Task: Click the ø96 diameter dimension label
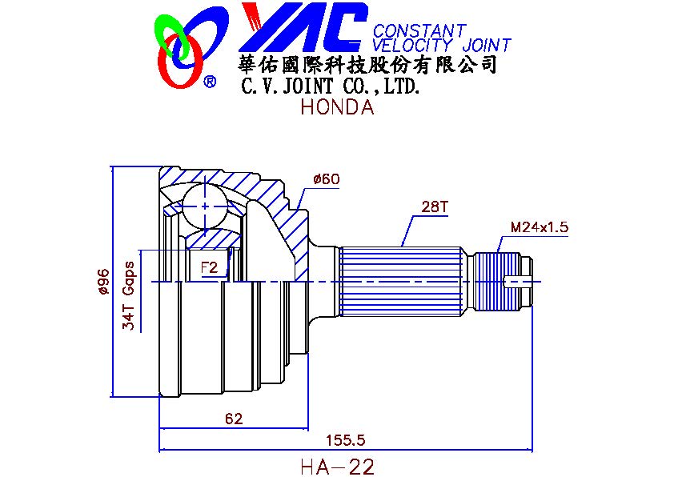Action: pos(103,283)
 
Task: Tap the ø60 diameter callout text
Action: pos(327,178)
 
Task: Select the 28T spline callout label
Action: pos(434,206)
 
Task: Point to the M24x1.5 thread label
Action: pos(540,226)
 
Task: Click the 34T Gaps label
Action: pos(129,295)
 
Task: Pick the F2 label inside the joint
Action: pos(210,268)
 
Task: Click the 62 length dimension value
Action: pos(234,418)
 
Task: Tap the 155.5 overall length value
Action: pos(346,440)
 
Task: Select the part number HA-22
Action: pos(338,467)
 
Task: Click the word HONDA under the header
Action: pos(338,106)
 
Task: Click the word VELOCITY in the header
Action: pos(412,45)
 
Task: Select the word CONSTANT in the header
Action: pos(420,30)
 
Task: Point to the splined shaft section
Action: pos(402,282)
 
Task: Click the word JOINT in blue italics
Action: pos(487,45)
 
